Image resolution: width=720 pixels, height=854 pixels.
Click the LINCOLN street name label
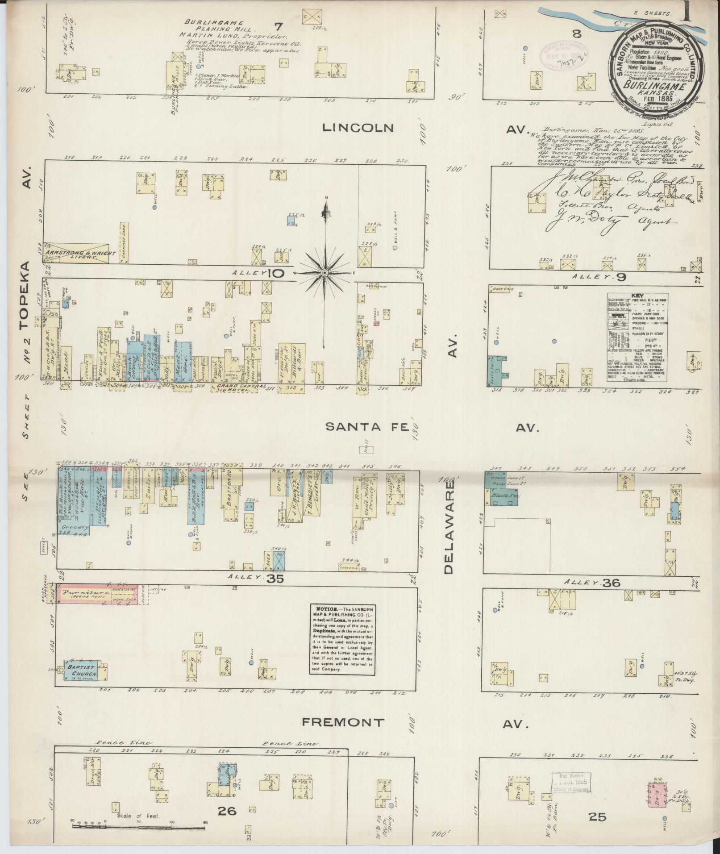pos(358,128)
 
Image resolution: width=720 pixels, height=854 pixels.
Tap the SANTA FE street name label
pos(367,427)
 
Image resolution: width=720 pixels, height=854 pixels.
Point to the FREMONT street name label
pos(342,721)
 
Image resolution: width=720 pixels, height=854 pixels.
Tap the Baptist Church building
pos(79,673)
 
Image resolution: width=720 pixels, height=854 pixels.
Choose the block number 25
pos(597,817)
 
